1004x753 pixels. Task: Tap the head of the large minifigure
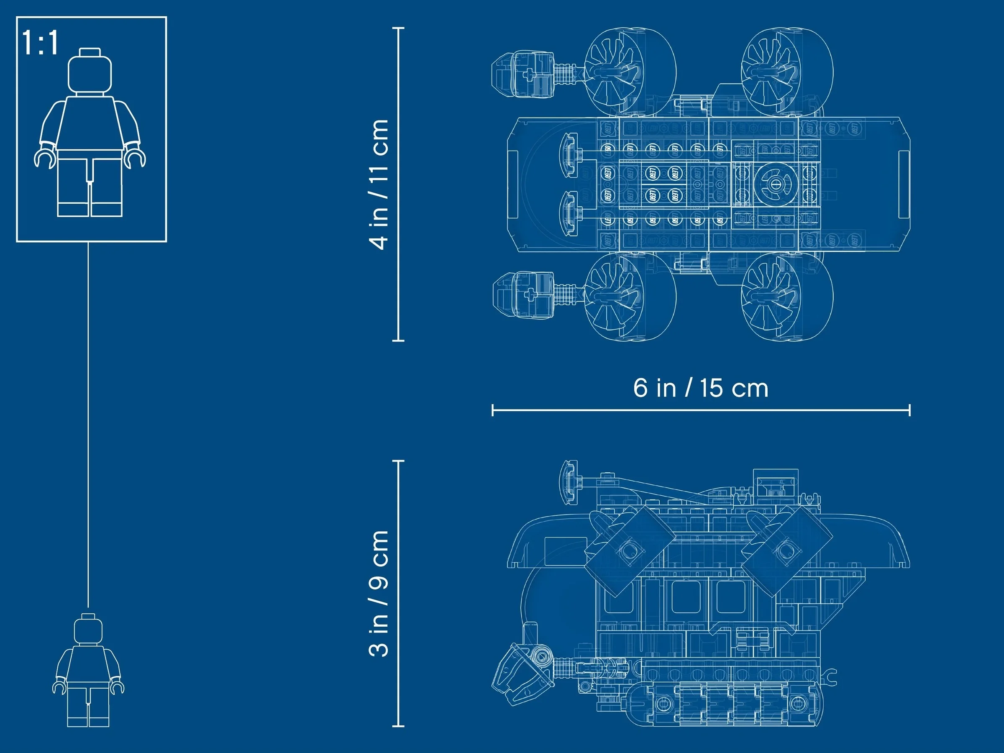coord(90,73)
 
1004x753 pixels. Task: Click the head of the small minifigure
coord(88,630)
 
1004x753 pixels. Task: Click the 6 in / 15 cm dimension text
coord(700,388)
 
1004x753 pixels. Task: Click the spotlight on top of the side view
coord(570,481)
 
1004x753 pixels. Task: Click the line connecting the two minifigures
coord(88,422)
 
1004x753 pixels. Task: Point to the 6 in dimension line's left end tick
coord(493,410)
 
